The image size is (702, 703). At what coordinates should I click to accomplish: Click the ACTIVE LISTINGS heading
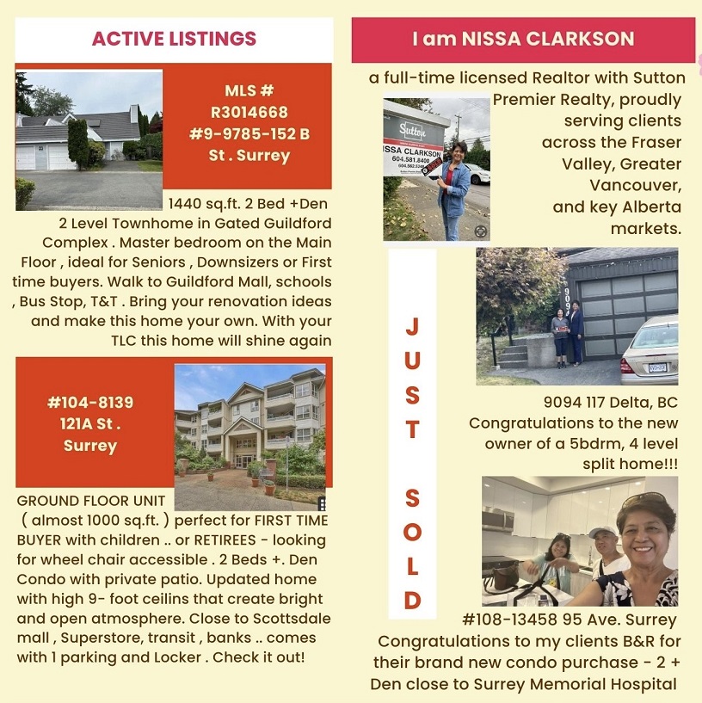pos(174,39)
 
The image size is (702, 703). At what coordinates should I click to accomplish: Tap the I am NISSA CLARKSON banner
pos(523,40)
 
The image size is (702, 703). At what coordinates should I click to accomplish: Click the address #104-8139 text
pos(90,403)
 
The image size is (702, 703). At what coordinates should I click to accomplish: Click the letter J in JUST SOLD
pos(412,327)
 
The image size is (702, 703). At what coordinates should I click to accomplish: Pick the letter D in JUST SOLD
pos(412,600)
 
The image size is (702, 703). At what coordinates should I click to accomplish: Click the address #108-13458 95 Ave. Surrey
pos(569,620)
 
